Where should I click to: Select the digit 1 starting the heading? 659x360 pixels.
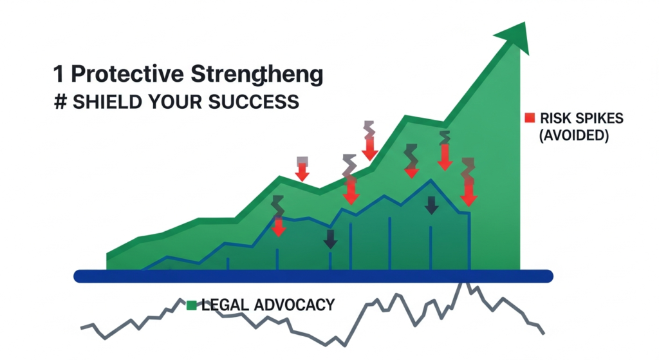[x=59, y=75]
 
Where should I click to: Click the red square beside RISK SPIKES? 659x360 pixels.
[x=530, y=118]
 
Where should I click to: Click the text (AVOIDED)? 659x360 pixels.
[x=573, y=136]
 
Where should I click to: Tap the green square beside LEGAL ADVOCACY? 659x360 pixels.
[x=191, y=305]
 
